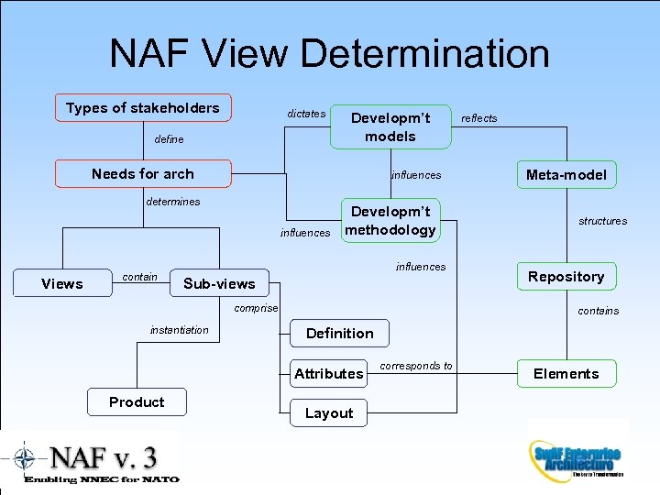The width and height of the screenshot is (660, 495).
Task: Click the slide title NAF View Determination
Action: pos(329,53)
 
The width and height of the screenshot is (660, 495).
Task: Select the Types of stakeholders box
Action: pos(143,108)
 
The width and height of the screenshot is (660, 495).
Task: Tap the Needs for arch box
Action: pos(143,173)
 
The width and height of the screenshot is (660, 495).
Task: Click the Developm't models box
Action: pos(390,126)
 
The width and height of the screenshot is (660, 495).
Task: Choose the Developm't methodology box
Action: pos(390,221)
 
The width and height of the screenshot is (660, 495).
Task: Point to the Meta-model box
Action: pos(566,174)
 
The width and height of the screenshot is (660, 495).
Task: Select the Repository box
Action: pos(566,277)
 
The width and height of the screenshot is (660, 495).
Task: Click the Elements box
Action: pos(566,373)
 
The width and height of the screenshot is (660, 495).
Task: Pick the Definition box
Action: pos(340,333)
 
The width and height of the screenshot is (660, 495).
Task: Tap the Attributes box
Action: pos(329,373)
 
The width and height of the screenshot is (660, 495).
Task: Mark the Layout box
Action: pos(329,413)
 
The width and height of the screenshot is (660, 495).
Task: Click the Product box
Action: pos(137,402)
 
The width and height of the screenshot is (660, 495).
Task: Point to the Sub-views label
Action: pos(219,283)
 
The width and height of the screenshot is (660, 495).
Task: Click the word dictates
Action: pos(306,114)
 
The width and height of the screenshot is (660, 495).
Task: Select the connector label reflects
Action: pos(478,118)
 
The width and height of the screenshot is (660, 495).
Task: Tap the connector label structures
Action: pos(602,221)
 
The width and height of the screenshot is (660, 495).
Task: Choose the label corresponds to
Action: pos(416,366)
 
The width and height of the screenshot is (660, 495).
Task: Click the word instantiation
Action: pos(179,330)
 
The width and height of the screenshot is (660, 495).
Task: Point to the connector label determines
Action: pos(173,202)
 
